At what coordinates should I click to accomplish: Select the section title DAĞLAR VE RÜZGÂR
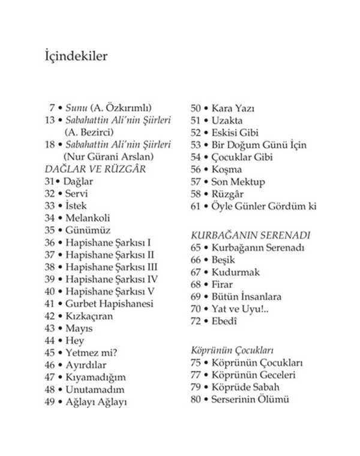tap(95, 169)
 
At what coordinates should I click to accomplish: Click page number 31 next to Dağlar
tap(50, 181)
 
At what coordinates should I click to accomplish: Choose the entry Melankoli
tap(88, 218)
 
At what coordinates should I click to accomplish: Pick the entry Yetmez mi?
tap(91, 353)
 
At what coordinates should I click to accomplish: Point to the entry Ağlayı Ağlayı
tap(96, 402)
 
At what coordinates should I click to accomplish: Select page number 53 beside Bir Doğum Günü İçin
tap(196, 145)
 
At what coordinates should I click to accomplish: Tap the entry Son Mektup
tap(238, 182)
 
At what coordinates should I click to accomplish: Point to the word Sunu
tap(76, 108)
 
